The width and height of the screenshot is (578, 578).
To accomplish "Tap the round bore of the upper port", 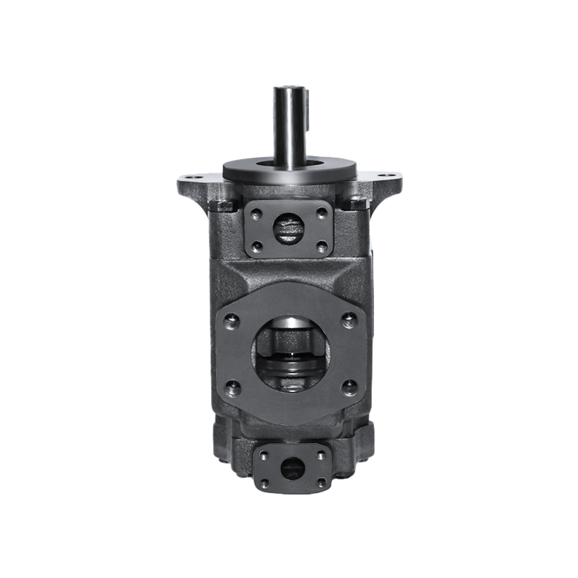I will [x=288, y=228].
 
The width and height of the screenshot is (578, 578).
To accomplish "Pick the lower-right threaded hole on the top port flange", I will [x=323, y=247].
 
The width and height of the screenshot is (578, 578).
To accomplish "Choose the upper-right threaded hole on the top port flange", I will [x=323, y=213].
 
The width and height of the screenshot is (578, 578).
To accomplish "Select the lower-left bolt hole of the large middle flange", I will [x=232, y=388].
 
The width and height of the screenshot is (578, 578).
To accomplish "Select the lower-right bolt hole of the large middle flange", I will [x=349, y=388].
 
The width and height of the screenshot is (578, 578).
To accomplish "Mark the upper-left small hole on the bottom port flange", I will [x=264, y=455].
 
